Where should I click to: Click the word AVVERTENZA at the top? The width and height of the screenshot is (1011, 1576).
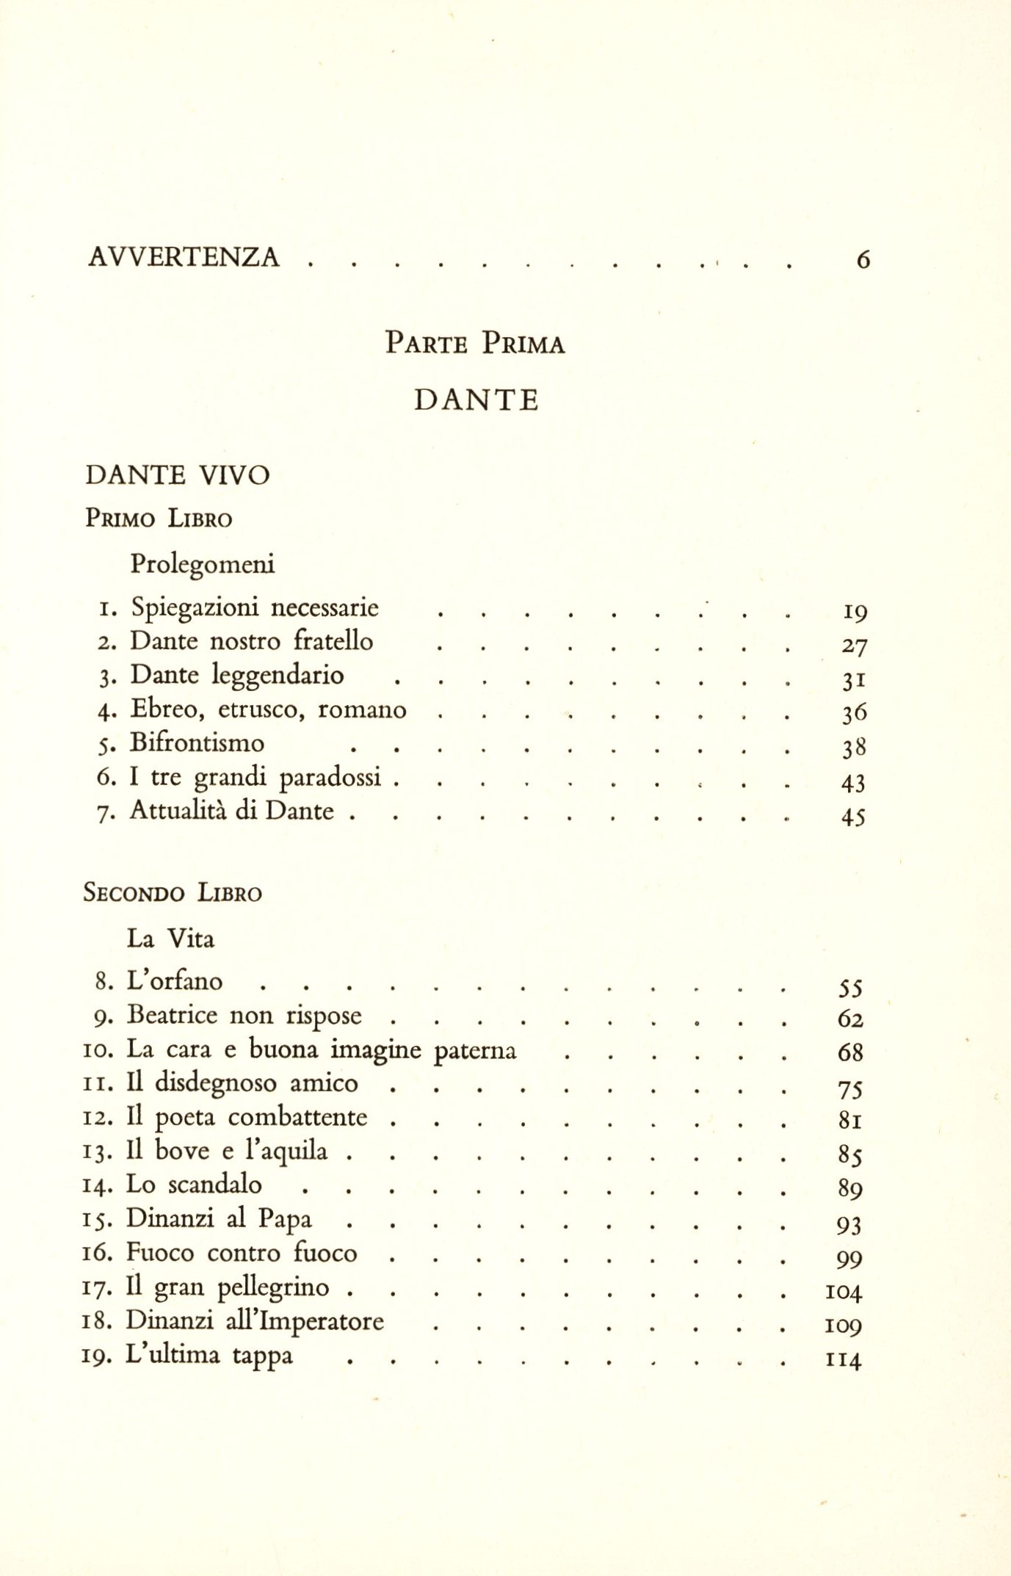tap(184, 258)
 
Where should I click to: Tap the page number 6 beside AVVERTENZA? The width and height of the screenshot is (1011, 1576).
tap(863, 259)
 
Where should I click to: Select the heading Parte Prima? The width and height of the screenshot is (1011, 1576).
tap(475, 344)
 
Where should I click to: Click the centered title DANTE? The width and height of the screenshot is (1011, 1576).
tap(476, 400)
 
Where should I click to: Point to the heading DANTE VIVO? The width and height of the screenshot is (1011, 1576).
tap(178, 475)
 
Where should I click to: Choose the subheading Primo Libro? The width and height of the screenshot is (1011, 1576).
tap(159, 519)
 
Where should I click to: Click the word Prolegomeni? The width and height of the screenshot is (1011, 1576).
tap(203, 564)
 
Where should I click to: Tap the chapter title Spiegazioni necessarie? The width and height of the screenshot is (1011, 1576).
tap(254, 608)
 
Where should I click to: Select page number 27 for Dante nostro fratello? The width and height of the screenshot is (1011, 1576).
tap(855, 646)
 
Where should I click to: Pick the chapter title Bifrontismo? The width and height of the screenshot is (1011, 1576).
tap(197, 743)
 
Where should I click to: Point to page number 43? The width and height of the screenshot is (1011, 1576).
tap(853, 783)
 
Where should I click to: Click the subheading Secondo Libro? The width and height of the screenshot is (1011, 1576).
tap(173, 894)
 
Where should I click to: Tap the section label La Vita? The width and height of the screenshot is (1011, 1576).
tap(170, 939)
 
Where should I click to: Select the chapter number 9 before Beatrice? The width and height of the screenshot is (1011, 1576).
tap(103, 1017)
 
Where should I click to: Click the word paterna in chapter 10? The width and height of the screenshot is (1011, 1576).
tap(475, 1051)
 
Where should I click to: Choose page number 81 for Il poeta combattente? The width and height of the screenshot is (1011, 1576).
tap(850, 1120)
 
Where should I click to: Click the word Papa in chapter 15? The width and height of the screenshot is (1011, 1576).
tap(285, 1219)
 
